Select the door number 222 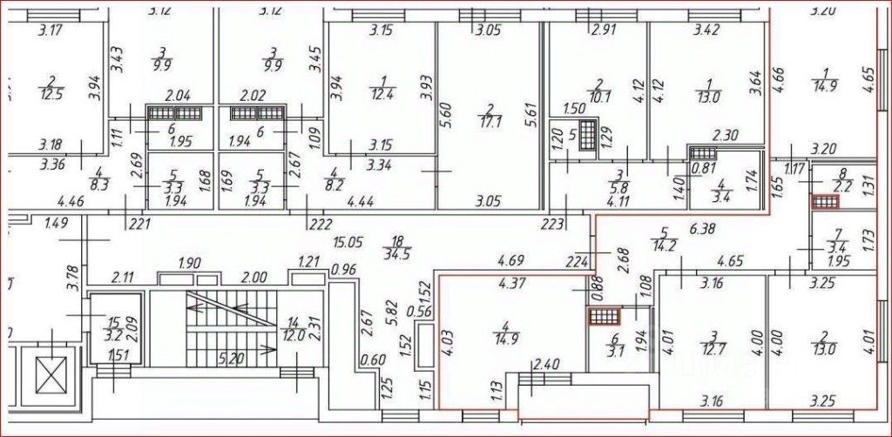321,225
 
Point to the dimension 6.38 703,229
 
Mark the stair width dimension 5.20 233,356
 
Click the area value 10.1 597,96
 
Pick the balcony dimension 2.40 546,364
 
